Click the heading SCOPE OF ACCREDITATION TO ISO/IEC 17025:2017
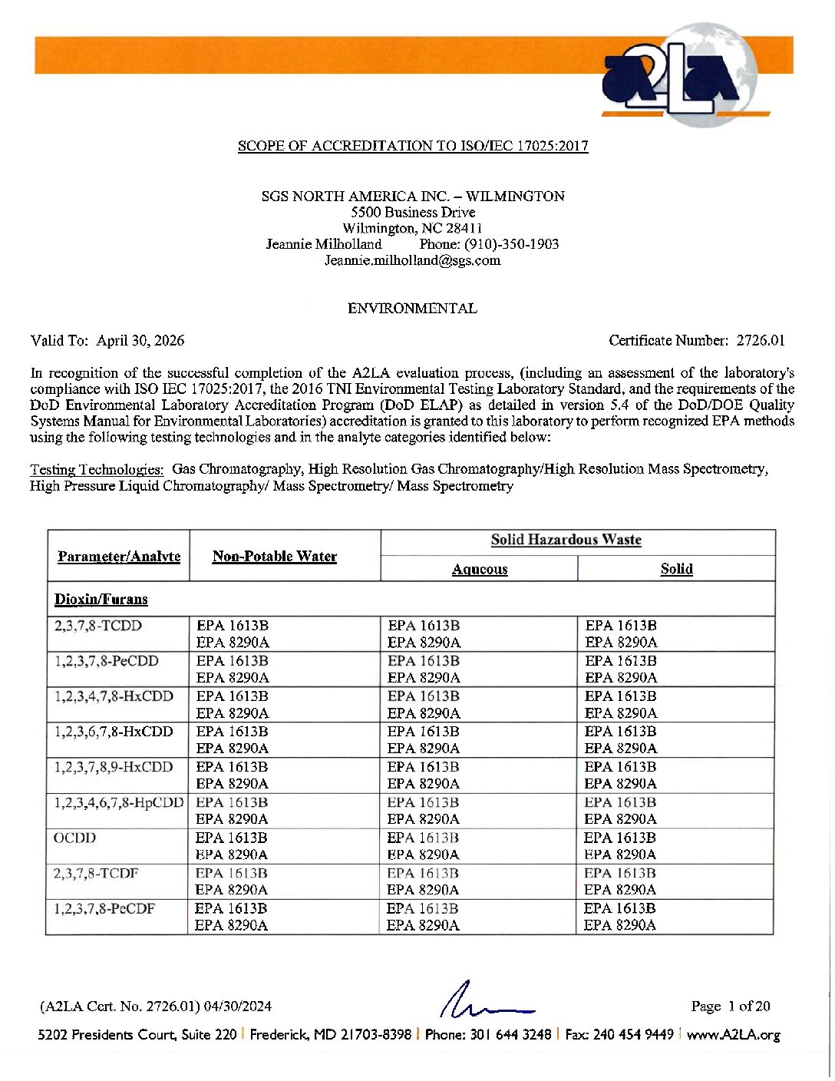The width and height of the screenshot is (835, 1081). (413, 146)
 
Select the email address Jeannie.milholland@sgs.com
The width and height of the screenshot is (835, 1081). (412, 260)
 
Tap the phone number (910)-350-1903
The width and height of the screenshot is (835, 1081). (511, 244)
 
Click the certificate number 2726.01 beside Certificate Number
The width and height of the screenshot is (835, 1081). (761, 340)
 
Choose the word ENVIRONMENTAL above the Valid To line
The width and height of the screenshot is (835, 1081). (412, 309)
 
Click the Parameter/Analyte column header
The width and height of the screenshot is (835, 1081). (119, 557)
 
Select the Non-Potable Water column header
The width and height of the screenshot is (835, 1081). (275, 557)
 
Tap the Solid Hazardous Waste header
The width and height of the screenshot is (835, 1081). (566, 540)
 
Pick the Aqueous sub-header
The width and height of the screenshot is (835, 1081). (480, 569)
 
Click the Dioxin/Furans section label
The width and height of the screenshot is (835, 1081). (101, 600)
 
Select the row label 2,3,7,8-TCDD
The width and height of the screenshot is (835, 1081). (98, 626)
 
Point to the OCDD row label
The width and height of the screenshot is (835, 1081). (75, 838)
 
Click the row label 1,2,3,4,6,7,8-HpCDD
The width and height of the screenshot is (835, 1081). (119, 802)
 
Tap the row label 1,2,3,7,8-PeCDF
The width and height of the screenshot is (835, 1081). (104, 908)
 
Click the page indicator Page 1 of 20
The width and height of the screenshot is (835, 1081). (730, 1007)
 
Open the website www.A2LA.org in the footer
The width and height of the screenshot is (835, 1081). (733, 1035)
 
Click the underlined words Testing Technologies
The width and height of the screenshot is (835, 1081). (97, 469)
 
